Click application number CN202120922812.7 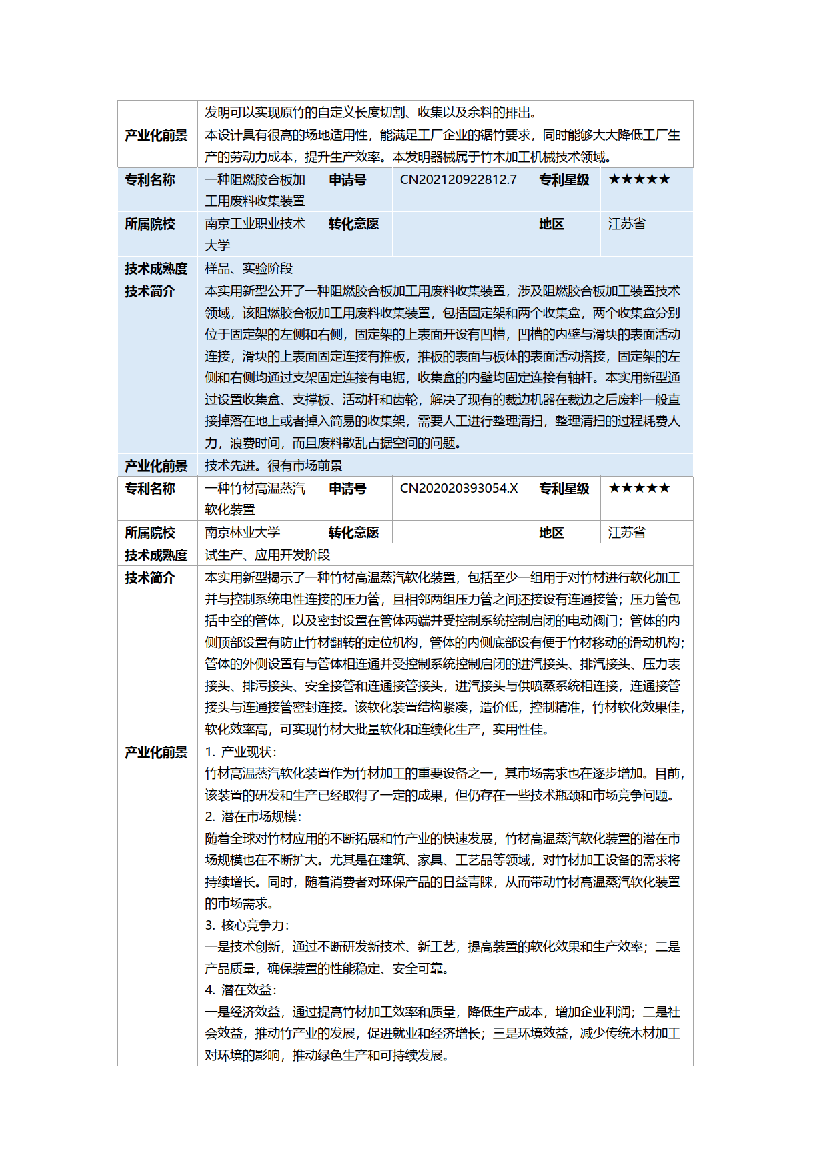(x=458, y=179)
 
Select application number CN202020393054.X (x=459, y=488)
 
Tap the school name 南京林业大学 (x=242, y=532)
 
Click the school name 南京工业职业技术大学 (x=255, y=234)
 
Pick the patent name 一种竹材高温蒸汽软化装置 (x=255, y=498)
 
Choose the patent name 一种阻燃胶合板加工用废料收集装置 (x=255, y=190)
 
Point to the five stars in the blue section (x=639, y=179)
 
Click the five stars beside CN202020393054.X (x=639, y=488)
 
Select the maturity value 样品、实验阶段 (x=249, y=268)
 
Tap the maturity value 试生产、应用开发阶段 (x=267, y=555)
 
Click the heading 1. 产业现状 (x=240, y=752)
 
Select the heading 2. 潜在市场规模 (x=253, y=816)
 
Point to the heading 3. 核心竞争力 (x=247, y=925)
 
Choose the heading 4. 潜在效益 (x=240, y=990)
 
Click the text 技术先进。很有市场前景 (x=273, y=465)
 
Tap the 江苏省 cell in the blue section (x=626, y=224)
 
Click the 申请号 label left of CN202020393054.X (x=347, y=489)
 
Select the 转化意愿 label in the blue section (x=353, y=224)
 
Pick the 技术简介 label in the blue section (x=150, y=291)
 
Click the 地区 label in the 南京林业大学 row (x=552, y=533)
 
